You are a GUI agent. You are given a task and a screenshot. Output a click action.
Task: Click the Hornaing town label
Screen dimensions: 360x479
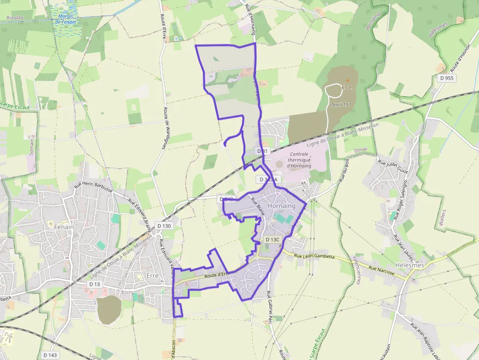coord(282,206)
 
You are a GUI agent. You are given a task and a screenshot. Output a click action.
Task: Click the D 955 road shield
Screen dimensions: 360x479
coord(446,78)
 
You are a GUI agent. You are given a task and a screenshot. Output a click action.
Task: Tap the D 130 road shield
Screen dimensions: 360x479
coord(164,226)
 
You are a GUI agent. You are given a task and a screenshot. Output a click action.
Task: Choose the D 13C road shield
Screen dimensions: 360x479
coord(272,239)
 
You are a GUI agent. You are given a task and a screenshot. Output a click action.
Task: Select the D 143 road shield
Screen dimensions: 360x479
coord(50,355)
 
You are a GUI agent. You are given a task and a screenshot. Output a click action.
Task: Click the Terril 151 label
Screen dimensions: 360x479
coord(341,105)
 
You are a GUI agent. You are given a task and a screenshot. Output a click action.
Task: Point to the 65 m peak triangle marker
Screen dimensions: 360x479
coord(348,80)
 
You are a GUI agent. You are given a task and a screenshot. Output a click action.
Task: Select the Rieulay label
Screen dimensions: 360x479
coord(15,18)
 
